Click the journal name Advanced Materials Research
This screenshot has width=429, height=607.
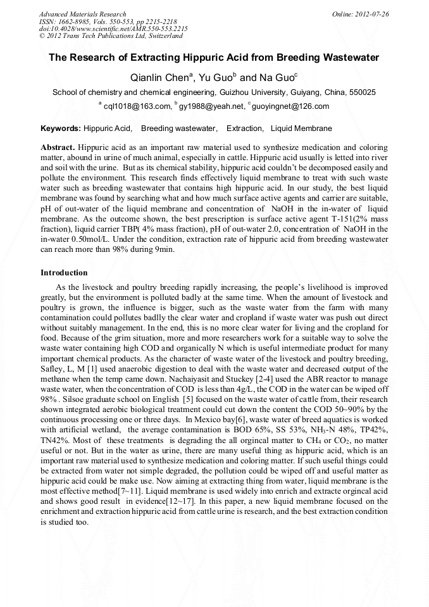82,14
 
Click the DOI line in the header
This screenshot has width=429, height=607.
113,29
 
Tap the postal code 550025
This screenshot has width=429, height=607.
363,92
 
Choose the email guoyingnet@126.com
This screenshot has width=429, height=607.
290,106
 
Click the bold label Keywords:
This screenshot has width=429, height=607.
61,128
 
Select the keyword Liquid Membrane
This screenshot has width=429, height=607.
301,128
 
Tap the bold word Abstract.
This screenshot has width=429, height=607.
58,146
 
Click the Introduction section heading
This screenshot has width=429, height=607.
64,273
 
